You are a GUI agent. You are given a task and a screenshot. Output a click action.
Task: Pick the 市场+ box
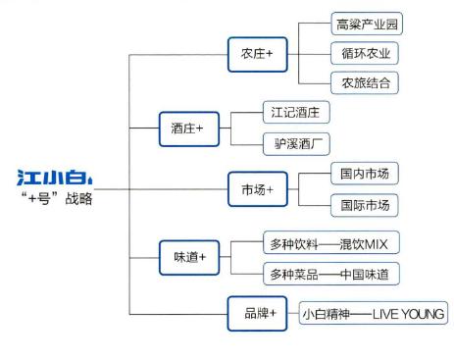pos(257,187)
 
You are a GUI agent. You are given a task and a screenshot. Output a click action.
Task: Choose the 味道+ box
pos(187,258)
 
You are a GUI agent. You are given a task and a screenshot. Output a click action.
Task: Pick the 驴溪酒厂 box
pos(298,144)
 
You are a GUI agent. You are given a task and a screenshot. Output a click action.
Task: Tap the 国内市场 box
pos(365,173)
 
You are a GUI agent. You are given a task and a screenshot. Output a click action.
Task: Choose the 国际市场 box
pos(365,205)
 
